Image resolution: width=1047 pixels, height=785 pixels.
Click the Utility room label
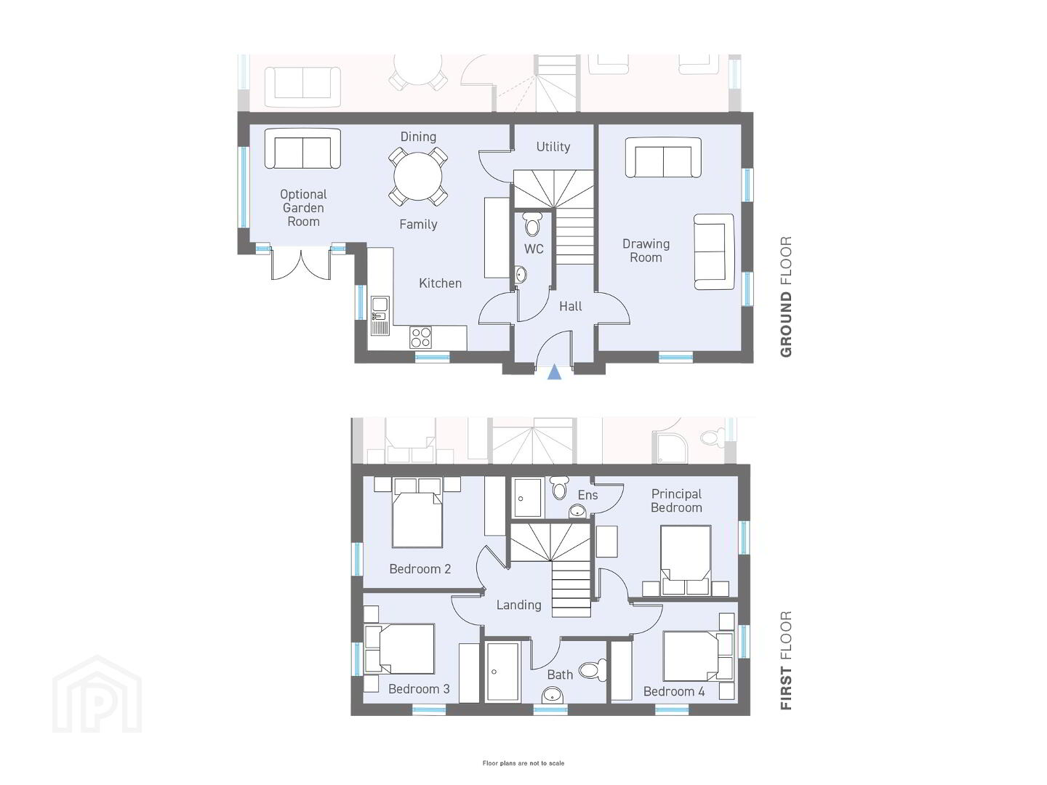coord(553,147)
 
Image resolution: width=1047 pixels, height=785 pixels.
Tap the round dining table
coord(418,176)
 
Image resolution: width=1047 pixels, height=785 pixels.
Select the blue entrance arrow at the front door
coord(554,372)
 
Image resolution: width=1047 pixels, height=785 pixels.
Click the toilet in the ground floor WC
coord(532,224)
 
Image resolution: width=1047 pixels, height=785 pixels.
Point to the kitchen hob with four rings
coord(421,337)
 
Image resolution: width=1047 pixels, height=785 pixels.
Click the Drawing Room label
coord(646,251)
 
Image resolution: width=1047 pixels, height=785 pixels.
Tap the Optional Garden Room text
coord(303,208)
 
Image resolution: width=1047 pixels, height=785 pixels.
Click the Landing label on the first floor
coord(518,605)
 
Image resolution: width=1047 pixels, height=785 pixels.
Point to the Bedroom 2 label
coord(420,568)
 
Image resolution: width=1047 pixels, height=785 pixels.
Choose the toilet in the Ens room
coord(558,487)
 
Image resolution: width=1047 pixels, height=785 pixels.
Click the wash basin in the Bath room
coord(553,695)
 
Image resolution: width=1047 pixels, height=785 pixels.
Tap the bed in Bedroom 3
coord(400,648)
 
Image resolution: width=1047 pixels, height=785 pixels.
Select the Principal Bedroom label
coord(676,501)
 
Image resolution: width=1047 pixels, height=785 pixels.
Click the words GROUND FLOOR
coord(785,297)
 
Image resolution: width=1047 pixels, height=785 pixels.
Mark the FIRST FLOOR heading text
coord(785,661)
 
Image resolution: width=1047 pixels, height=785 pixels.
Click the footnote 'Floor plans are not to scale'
coord(523,763)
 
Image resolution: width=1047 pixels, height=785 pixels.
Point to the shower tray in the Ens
coord(528,498)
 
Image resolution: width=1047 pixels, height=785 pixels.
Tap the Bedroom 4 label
coord(674,691)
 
